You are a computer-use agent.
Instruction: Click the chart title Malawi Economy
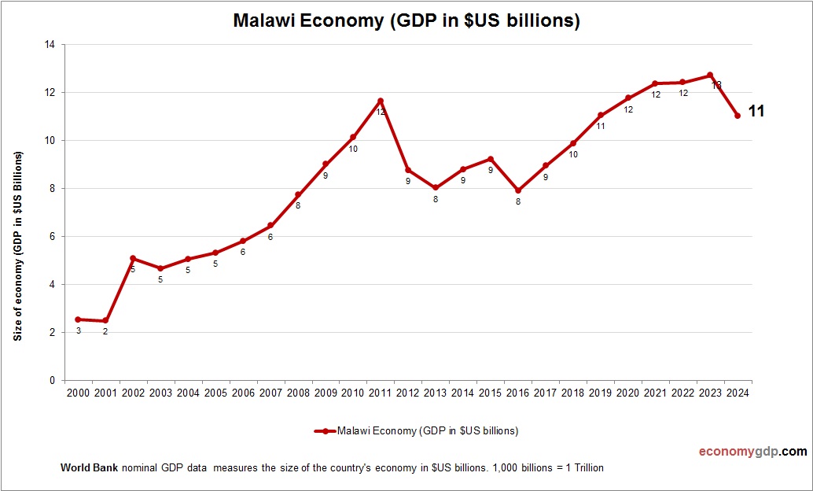click(406, 21)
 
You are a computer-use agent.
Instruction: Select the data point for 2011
click(381, 101)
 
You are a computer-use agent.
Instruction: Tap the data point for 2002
click(133, 258)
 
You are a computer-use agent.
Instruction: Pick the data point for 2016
click(518, 190)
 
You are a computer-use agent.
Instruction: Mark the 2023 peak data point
click(710, 76)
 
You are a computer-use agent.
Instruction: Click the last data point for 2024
click(738, 116)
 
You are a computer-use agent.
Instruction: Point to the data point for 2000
click(78, 319)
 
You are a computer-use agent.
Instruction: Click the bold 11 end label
click(756, 112)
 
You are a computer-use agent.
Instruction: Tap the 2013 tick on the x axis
click(436, 393)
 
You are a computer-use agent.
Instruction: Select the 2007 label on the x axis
click(270, 393)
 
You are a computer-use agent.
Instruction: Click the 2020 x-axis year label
click(628, 393)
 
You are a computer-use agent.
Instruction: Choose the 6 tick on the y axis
click(51, 237)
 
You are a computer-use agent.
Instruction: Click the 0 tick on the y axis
click(51, 381)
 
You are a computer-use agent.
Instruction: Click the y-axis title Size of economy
click(17, 245)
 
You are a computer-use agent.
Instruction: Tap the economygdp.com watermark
click(752, 452)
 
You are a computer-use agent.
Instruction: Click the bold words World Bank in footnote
click(89, 468)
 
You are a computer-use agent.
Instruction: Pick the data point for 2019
click(601, 116)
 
